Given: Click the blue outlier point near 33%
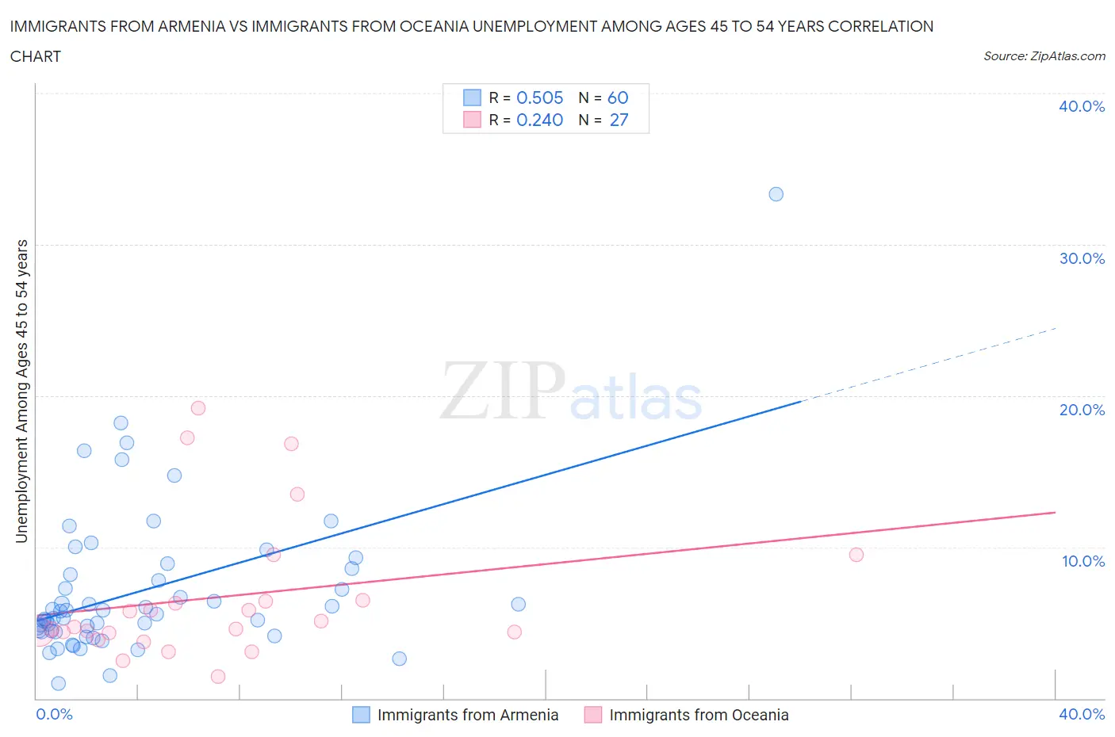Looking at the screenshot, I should point(776,194).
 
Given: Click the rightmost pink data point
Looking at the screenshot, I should point(856,555).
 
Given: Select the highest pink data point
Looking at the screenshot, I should point(198,408).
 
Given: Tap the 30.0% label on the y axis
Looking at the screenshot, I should point(1082,258).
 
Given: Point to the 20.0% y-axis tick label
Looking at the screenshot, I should point(1082,410).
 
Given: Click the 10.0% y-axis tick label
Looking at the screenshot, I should point(1082,561).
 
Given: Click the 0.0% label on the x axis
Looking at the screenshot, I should point(54,714).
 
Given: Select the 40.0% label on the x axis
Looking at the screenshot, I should point(1082,714).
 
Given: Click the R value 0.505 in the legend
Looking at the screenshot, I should point(539,97).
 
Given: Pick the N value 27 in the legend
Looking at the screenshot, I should point(619,120).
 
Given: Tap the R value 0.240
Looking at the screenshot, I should point(539,120).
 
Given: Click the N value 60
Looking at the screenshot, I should point(618,97).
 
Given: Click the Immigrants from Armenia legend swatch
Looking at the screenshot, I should point(361,715).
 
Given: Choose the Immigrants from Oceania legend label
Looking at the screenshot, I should point(699,715).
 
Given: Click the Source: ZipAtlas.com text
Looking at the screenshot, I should point(1044,55).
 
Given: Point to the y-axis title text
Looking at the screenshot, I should point(21,391).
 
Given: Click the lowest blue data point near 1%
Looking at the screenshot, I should point(58,683).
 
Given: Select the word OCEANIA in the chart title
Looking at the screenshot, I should point(432,26).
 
